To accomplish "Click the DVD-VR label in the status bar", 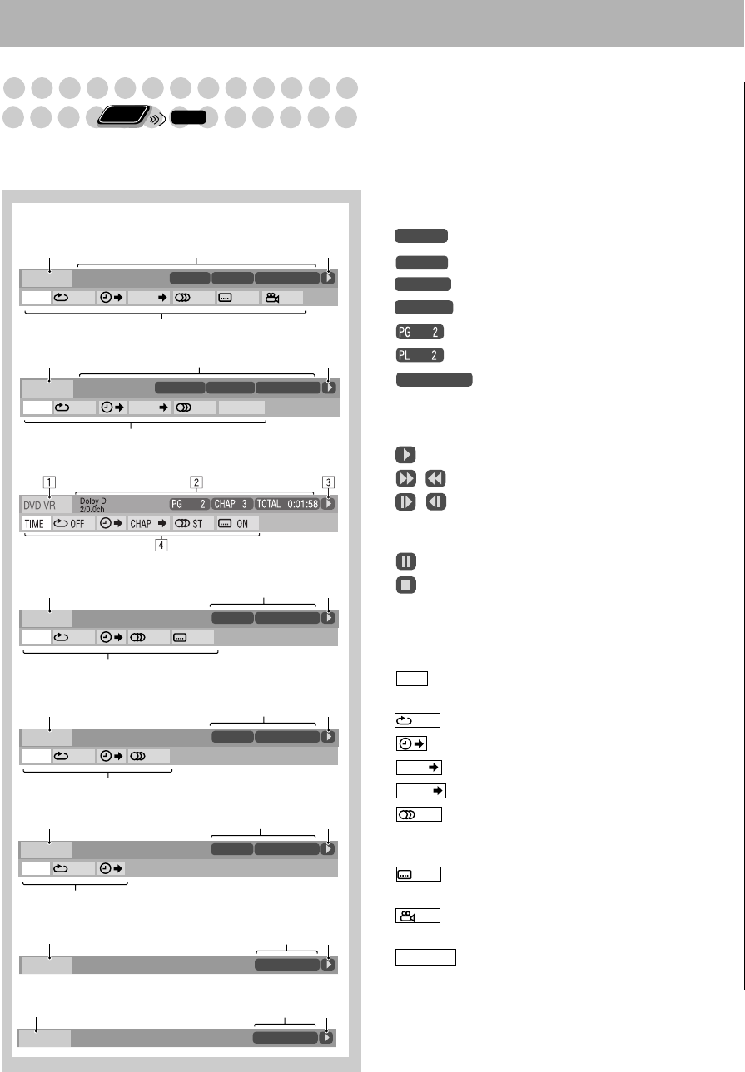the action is pos(39,506).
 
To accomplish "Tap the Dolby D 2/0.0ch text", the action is pos(93,505).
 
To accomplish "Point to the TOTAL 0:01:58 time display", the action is pos(287,504).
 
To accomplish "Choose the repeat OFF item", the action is pos(73,524).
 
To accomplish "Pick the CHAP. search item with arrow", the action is pos(148,524).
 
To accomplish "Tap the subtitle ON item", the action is pos(237,524).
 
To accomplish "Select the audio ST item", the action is pos(193,524).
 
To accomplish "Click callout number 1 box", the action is pos(49,482).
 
